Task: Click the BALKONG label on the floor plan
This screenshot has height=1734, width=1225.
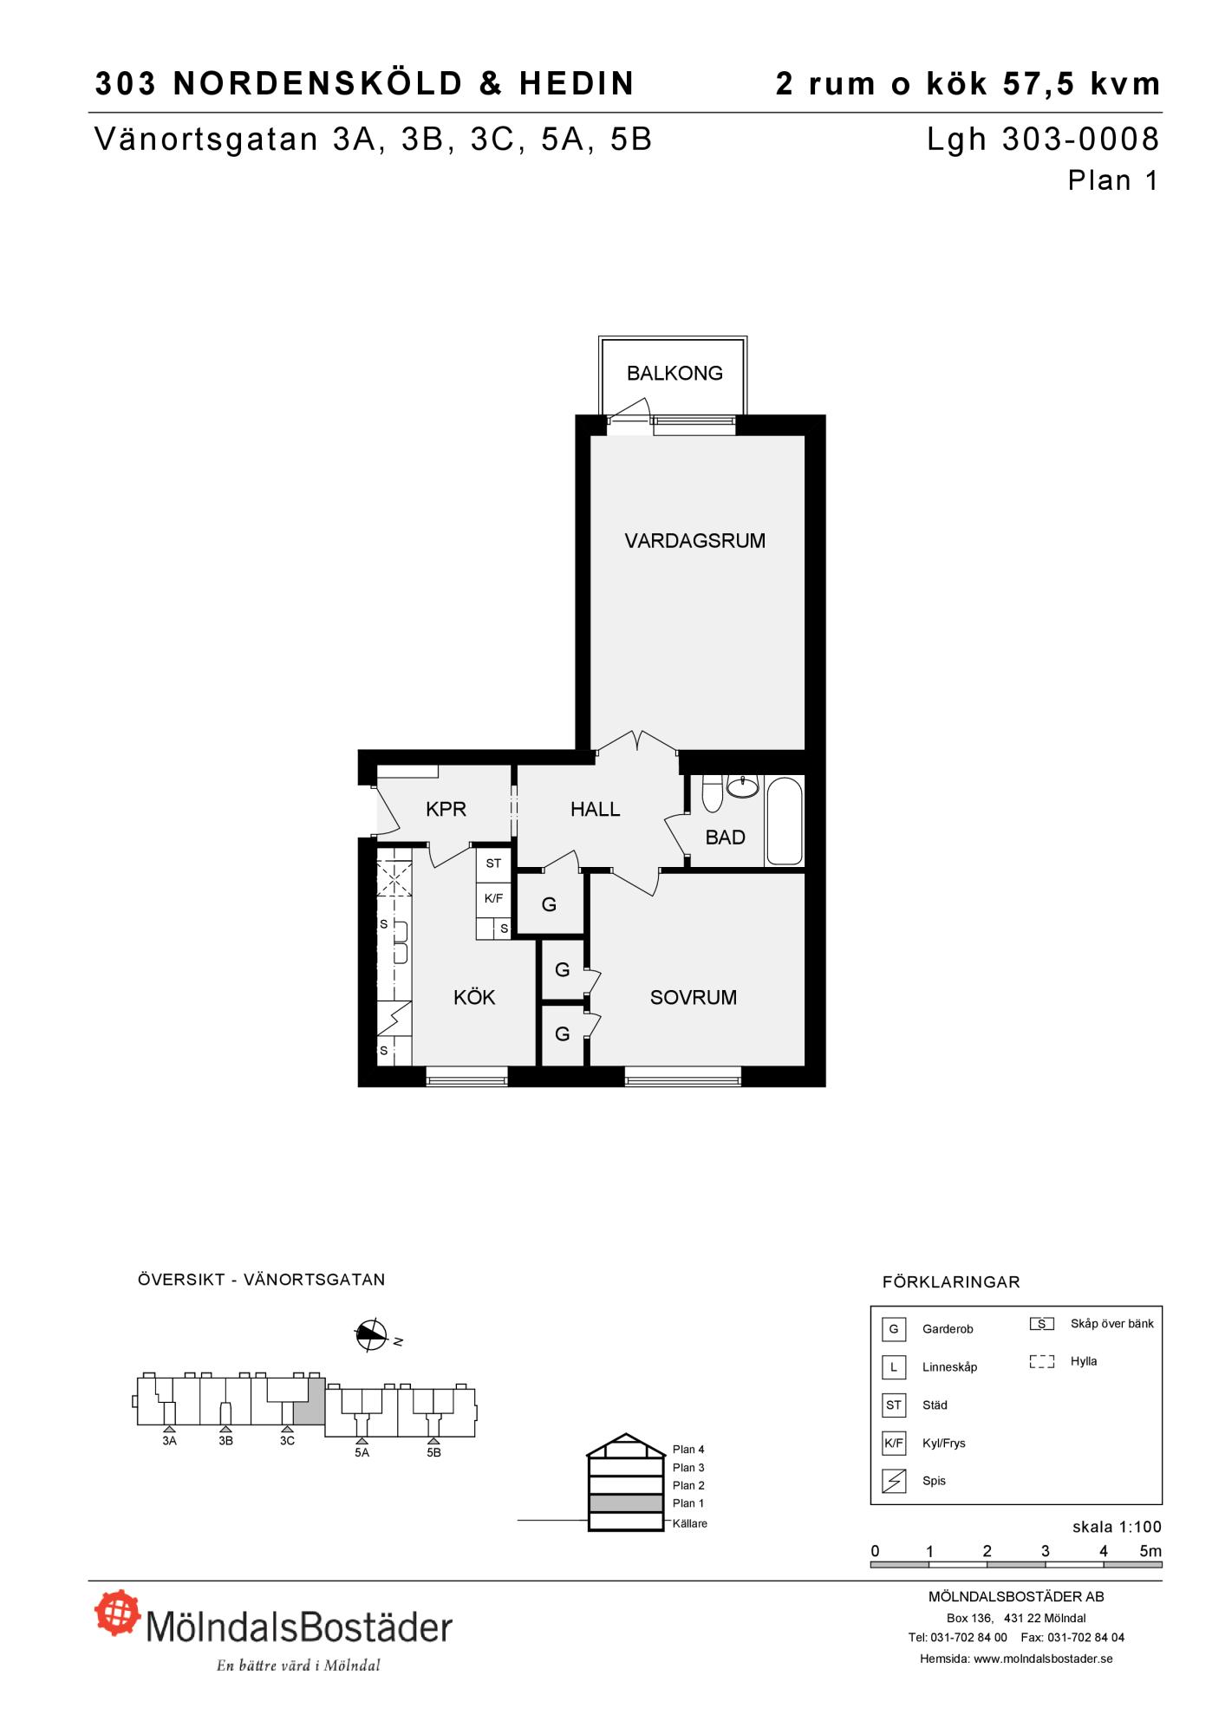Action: tap(674, 373)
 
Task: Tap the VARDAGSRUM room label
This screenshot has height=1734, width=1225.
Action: tap(695, 541)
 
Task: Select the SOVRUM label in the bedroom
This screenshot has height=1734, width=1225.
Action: tap(694, 997)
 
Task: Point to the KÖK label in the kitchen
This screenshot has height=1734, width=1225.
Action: tap(474, 997)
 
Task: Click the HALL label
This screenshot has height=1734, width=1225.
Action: tap(596, 809)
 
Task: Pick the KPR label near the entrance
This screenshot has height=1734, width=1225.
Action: tap(446, 809)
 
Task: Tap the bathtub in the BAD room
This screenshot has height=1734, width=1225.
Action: tap(785, 821)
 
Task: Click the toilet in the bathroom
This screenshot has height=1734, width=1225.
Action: tap(712, 793)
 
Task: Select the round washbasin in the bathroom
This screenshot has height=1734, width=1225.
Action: tap(742, 786)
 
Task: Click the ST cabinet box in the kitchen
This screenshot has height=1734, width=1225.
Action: tap(493, 864)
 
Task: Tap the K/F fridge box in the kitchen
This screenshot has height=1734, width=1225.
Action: tap(493, 898)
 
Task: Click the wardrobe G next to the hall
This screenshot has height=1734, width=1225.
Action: tap(549, 904)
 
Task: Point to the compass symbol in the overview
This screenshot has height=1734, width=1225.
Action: tap(371, 1336)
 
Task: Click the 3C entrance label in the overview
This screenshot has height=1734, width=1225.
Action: tap(287, 1441)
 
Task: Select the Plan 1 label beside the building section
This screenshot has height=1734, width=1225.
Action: tap(688, 1503)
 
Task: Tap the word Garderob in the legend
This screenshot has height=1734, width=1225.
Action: tap(948, 1329)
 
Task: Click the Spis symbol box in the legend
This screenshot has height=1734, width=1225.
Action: tap(894, 1481)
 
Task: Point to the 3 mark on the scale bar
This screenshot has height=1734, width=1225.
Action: tap(1046, 1551)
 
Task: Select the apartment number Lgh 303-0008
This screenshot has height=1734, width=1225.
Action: tap(1043, 139)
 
